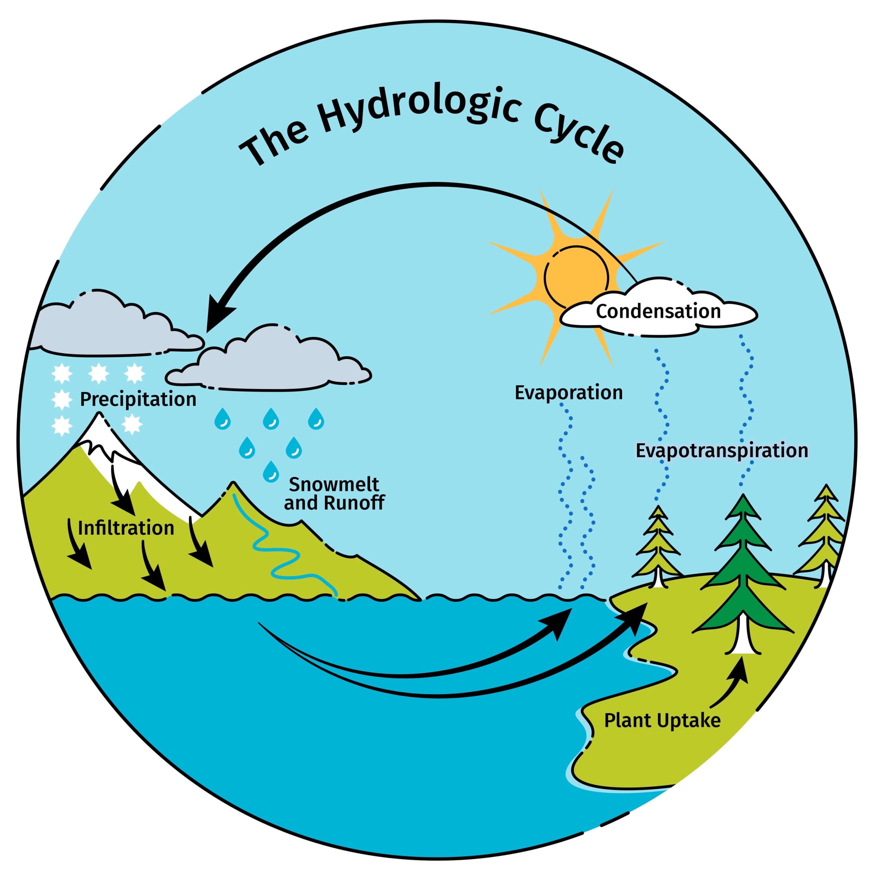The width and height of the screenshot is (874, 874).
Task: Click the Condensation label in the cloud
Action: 658,312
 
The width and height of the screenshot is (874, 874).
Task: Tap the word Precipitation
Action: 138,399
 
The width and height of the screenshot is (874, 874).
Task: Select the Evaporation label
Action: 569,393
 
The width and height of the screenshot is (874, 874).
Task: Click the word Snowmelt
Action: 334,484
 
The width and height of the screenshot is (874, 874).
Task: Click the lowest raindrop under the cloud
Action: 271,471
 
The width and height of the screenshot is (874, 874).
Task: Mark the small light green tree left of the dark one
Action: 658,547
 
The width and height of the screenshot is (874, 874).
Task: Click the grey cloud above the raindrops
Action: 271,362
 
